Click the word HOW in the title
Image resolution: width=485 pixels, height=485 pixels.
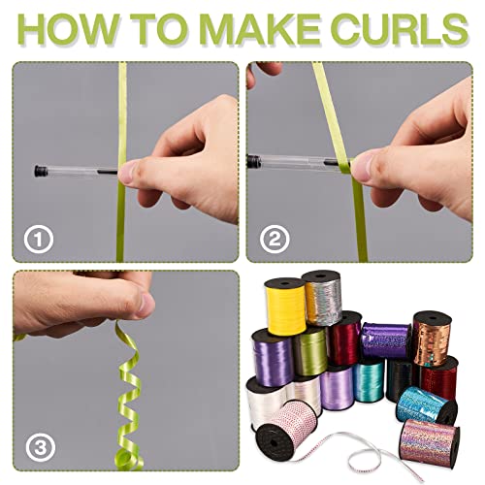click(67, 29)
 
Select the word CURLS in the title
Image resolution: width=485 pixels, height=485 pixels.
click(400, 29)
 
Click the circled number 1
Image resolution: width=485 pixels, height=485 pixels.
click(39, 240)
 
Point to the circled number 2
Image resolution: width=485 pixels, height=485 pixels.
click(275, 240)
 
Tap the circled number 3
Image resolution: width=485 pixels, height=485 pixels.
click(41, 447)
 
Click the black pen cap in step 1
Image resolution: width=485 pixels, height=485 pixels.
click(41, 171)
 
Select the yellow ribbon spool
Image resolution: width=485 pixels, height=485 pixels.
click(285, 306)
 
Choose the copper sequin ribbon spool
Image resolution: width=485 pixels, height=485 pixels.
click(433, 339)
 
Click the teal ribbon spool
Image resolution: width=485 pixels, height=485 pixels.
click(369, 380)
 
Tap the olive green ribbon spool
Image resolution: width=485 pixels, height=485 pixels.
click(310, 352)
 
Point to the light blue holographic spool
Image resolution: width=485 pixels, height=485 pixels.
click(426, 404)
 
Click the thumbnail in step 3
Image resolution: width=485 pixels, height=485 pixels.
click(145, 305)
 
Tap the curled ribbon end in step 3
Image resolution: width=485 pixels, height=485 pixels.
click(128, 460)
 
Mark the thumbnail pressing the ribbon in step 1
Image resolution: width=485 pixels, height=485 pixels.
click(128, 173)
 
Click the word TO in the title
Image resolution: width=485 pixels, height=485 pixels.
click(158, 29)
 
